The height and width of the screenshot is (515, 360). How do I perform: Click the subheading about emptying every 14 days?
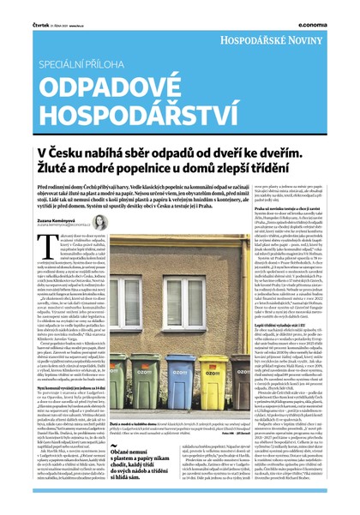[81, 388]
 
